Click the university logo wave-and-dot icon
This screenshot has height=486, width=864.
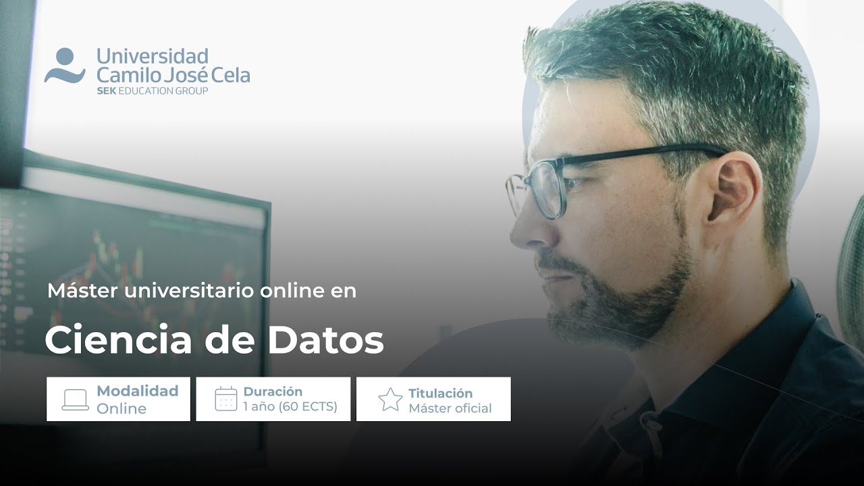64,66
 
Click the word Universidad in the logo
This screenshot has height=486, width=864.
152,55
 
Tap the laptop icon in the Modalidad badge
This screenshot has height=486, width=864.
75,400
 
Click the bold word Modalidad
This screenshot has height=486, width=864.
138,391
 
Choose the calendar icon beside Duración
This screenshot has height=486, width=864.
226,399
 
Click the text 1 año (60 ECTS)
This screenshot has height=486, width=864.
290,407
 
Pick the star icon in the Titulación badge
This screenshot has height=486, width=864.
390,400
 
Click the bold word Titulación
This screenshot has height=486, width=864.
440,393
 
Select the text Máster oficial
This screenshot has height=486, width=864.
450,408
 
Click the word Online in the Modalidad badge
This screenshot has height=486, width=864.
122,408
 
